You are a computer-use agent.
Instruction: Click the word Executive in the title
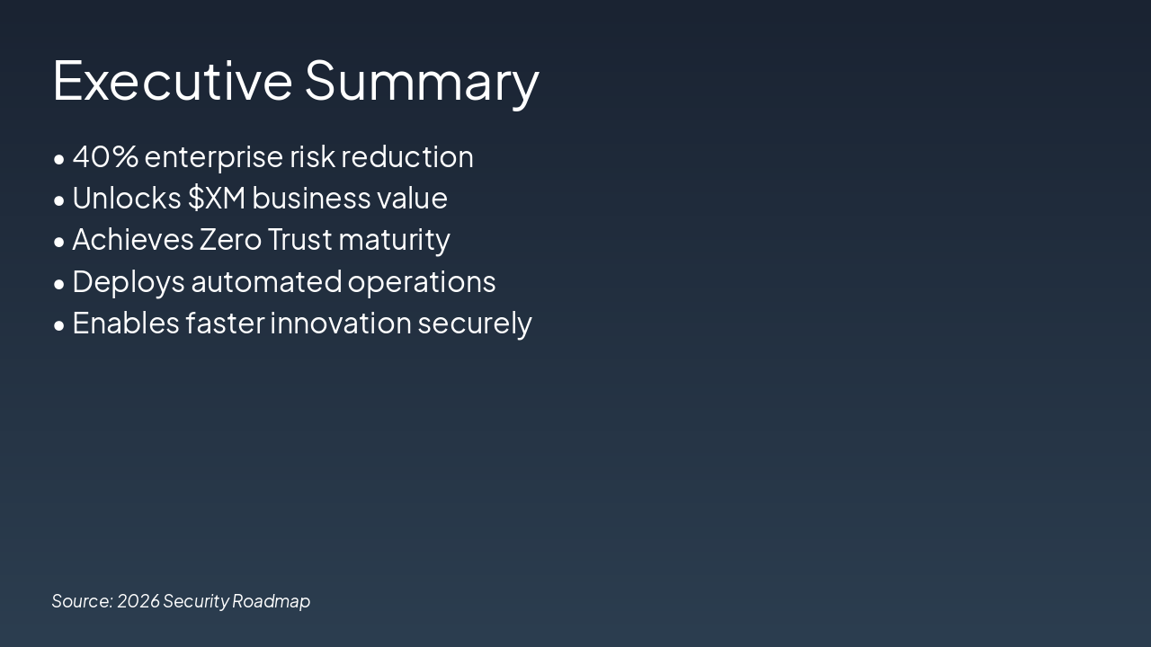[173, 81]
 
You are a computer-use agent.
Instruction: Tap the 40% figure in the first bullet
[105, 156]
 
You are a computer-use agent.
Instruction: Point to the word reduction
[407, 156]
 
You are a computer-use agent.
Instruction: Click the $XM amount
[217, 199]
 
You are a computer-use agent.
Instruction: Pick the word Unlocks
[127, 198]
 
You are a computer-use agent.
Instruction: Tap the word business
[311, 198]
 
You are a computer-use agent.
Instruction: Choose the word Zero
[230, 240]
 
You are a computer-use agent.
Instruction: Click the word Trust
[299, 240]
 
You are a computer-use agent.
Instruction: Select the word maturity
[394, 241]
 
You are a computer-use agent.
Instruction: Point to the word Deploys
[129, 283]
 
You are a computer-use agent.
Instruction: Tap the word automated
[266, 281]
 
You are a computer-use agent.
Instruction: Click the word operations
[422, 283]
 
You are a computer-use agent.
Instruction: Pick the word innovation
[341, 323]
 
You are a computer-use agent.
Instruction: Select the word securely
[475, 324]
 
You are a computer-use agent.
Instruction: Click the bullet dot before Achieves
[59, 242]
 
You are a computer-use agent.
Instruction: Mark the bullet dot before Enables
[59, 325]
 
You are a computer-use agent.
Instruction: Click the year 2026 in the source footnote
[138, 601]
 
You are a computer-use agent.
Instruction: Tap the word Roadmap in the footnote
[272, 602]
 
